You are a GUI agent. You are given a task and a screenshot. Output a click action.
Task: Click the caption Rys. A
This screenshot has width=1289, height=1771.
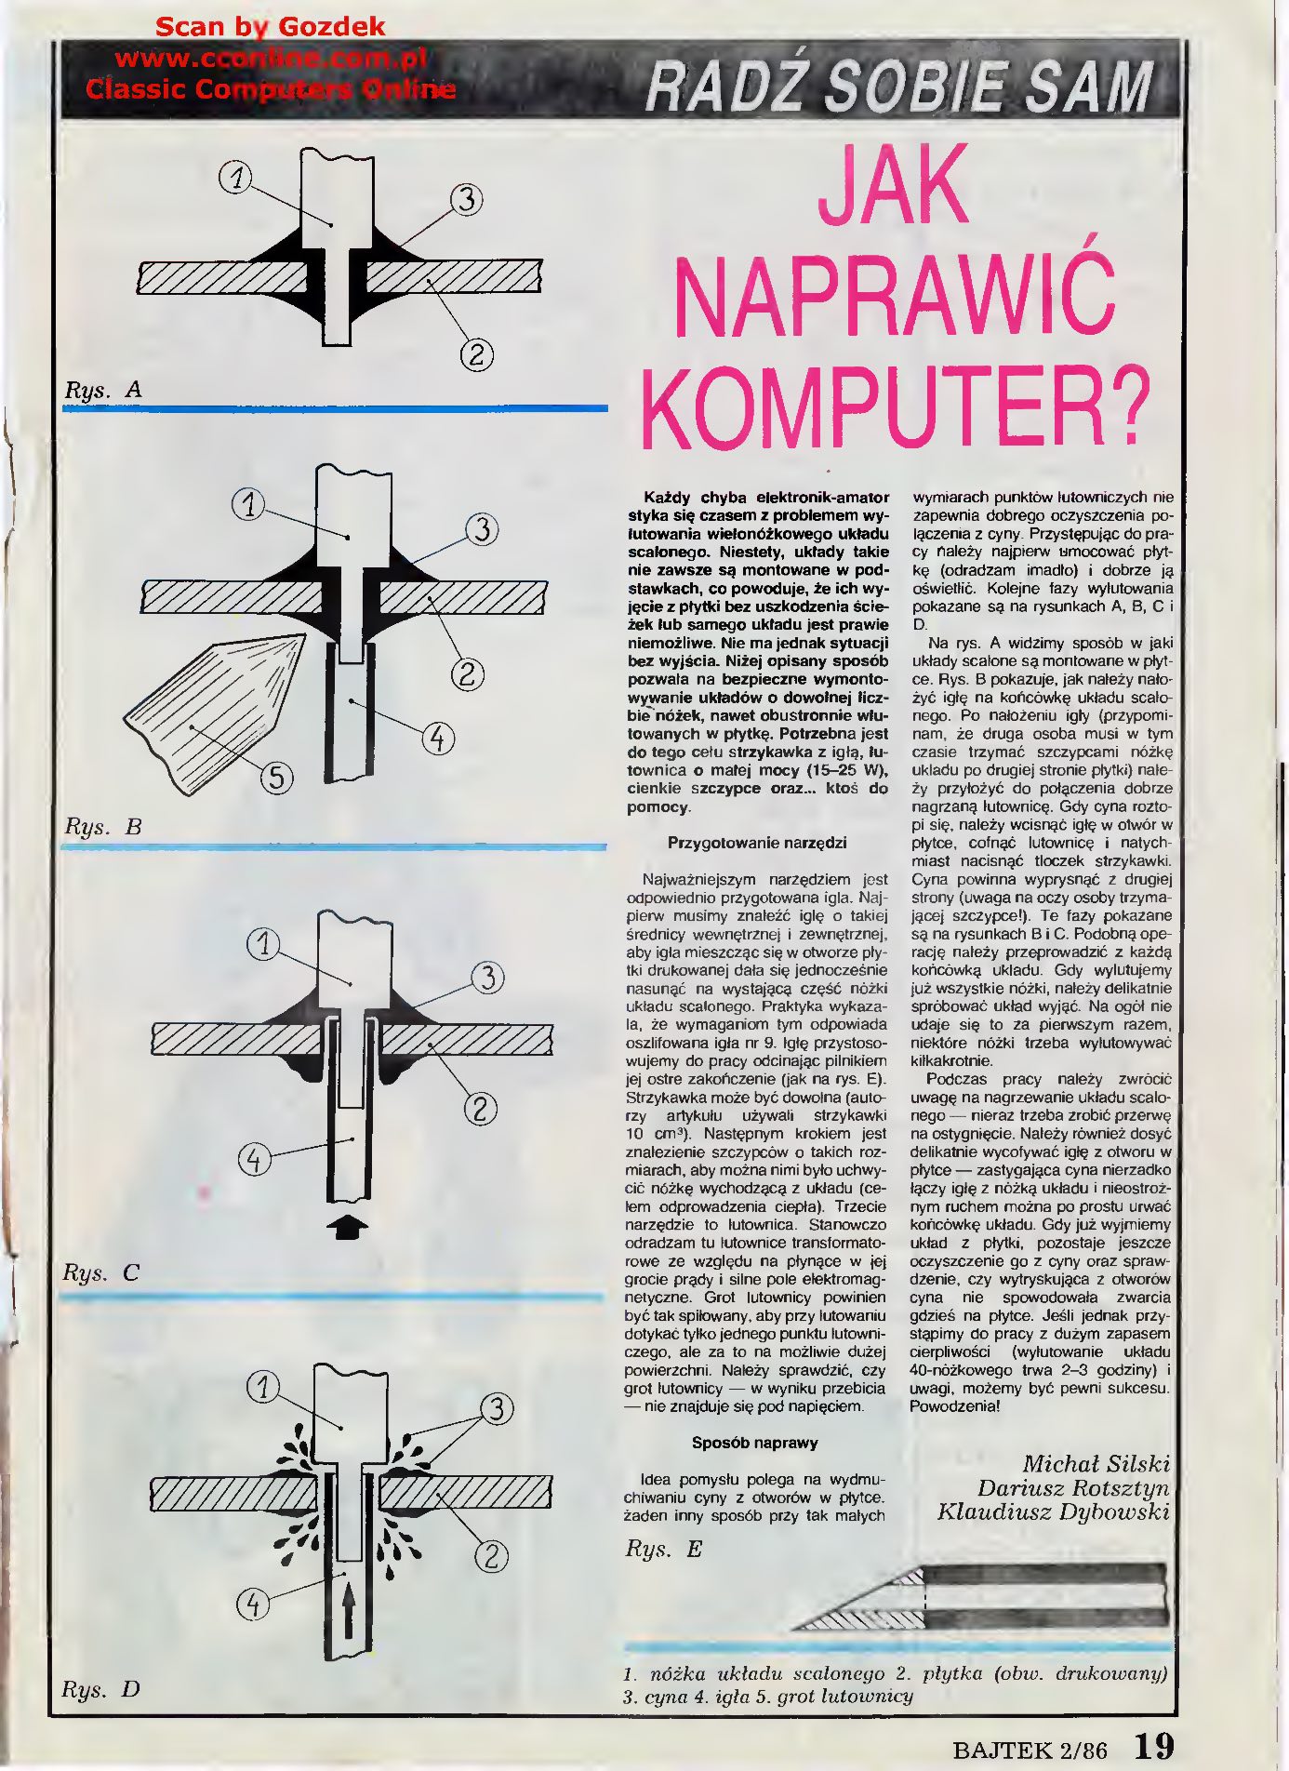click(x=103, y=390)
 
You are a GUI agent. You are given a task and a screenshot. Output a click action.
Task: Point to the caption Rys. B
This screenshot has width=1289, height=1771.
click(x=103, y=827)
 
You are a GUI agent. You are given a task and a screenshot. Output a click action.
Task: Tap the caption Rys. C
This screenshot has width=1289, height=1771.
click(x=101, y=1272)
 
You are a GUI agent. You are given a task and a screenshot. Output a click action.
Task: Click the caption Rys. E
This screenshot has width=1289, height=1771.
click(x=663, y=1549)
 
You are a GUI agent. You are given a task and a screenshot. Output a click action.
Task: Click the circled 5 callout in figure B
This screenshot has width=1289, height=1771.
click(x=276, y=777)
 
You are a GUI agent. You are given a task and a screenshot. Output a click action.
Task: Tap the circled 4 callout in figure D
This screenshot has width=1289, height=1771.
click(x=254, y=1603)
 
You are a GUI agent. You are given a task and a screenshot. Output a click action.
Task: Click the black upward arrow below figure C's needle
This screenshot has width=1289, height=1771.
click(x=349, y=1229)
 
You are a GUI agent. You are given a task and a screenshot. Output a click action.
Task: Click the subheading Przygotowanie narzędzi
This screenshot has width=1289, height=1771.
click(x=757, y=843)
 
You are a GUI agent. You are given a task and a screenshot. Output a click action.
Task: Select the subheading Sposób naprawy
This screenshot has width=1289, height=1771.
click(x=755, y=1443)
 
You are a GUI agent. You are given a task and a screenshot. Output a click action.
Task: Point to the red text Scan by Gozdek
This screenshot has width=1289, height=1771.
click(x=270, y=27)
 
